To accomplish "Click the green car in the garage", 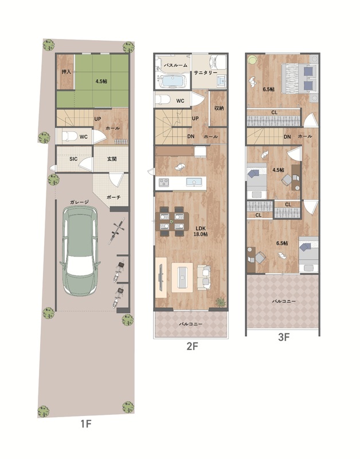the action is pos(80,251).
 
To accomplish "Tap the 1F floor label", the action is pos(86,423).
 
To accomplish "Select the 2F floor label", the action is pos(192,347).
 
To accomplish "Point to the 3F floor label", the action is pos(283,337).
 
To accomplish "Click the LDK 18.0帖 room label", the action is pos(201,231).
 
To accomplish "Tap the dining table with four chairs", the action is pos(172,221).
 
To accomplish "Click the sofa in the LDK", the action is pos(204,277).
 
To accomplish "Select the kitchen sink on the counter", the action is pos(194,182).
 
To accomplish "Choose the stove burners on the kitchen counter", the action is pos(164,182).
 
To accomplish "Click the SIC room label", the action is pos(73,159).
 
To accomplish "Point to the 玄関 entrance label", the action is pos(112,159).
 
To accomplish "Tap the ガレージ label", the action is pos(79,202).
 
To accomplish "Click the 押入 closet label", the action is pos(66,72).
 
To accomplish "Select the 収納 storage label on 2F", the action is pos(219,108).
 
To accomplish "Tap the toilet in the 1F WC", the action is pos(69,136).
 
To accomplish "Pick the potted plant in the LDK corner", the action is pos(221,302).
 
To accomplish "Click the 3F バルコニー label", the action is pos(284,301).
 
